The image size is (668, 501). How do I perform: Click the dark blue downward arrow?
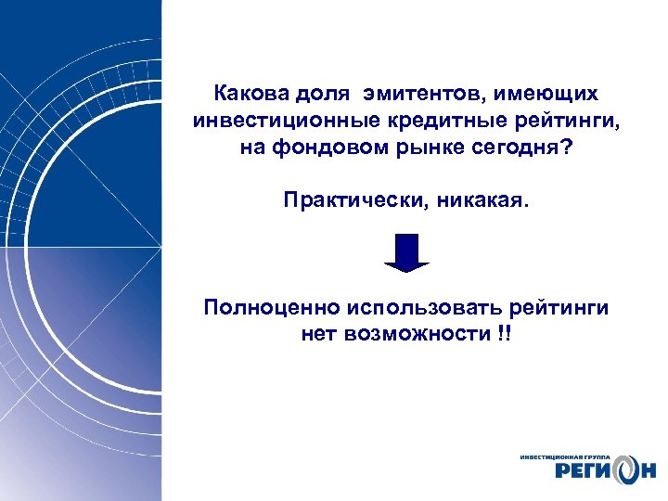point(406,252)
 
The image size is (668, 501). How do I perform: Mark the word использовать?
point(427,307)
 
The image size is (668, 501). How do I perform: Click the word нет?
point(318,334)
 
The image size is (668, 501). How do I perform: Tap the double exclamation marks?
point(504,333)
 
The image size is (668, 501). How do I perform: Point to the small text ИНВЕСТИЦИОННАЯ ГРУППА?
point(566,456)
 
